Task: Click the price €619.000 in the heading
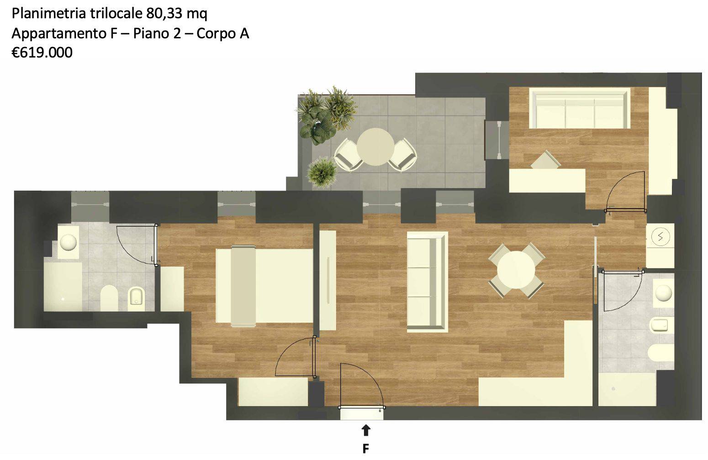click(42, 52)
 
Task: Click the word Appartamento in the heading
click(59, 33)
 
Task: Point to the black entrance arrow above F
click(366, 430)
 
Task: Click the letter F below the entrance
click(366, 448)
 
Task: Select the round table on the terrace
click(375, 147)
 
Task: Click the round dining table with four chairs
click(516, 270)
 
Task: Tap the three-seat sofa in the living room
click(428, 282)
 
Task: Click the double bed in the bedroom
click(264, 286)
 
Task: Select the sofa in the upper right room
click(579, 108)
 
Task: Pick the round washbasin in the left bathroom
click(68, 242)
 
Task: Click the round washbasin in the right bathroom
click(663, 293)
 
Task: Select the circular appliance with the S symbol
click(660, 237)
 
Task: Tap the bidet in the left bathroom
click(137, 298)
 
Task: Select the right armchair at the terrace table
click(403, 155)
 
